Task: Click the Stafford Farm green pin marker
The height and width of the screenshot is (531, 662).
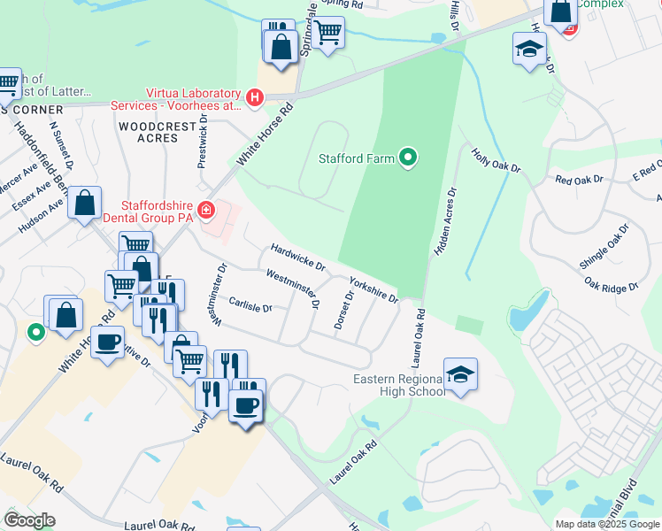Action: click(x=407, y=158)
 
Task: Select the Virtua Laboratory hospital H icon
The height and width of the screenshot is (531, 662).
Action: click(x=255, y=96)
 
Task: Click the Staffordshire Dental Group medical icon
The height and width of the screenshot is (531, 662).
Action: click(x=205, y=210)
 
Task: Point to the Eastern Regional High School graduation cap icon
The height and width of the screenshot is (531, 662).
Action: click(x=461, y=375)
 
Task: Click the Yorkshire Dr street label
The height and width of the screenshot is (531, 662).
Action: click(x=373, y=289)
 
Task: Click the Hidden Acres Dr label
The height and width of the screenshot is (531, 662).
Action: click(x=444, y=222)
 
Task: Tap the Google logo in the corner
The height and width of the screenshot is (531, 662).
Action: click(x=29, y=520)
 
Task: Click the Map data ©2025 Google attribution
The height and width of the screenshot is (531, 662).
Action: click(x=606, y=524)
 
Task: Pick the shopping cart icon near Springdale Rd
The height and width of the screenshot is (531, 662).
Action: click(x=328, y=33)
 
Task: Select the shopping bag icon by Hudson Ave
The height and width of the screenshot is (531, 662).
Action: click(x=84, y=204)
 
